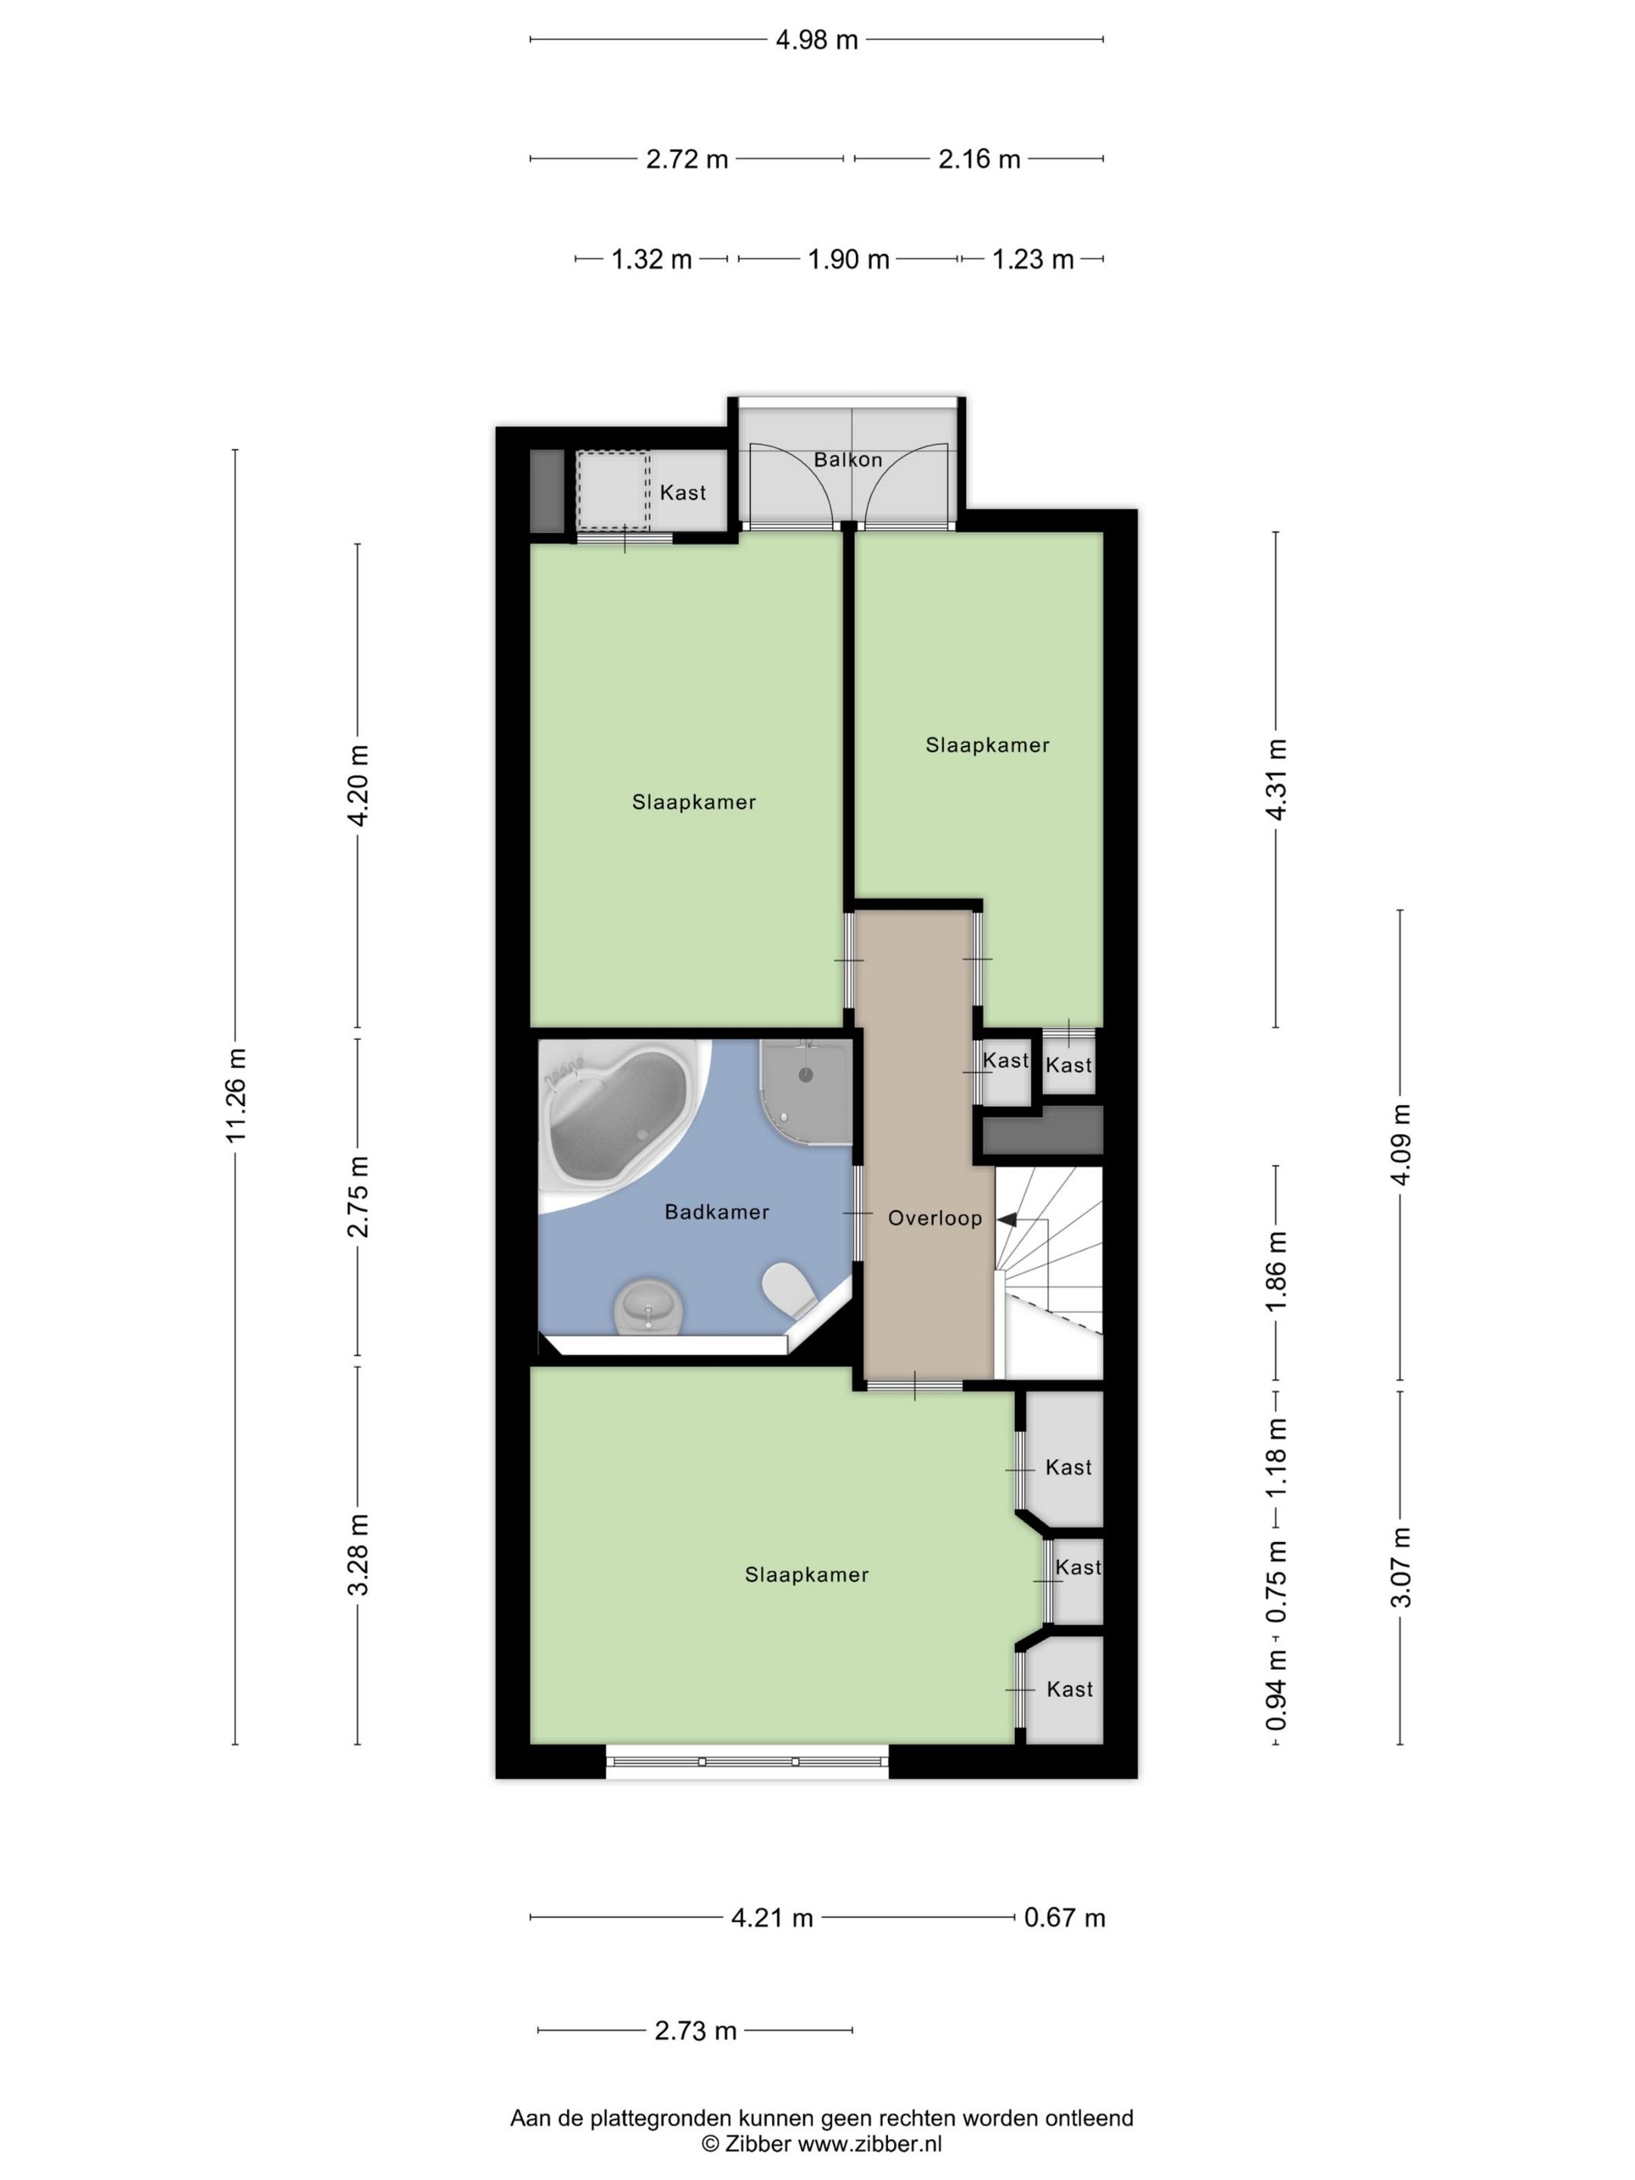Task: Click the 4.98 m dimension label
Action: pos(816,40)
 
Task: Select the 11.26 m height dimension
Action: pos(235,1096)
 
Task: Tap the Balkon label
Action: pos(848,459)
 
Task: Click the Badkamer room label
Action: pos(717,1212)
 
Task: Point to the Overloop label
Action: pos(934,1218)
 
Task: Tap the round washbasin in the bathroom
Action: pos(647,1306)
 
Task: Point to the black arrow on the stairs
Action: pos(1008,1220)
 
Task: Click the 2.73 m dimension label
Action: pos(696,2030)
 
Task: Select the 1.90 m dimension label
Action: pos(849,259)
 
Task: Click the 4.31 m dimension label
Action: pos(1276,779)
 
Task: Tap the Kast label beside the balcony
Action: pos(683,493)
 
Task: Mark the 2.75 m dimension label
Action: pos(358,1197)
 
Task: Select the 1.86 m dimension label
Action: pos(1276,1272)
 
